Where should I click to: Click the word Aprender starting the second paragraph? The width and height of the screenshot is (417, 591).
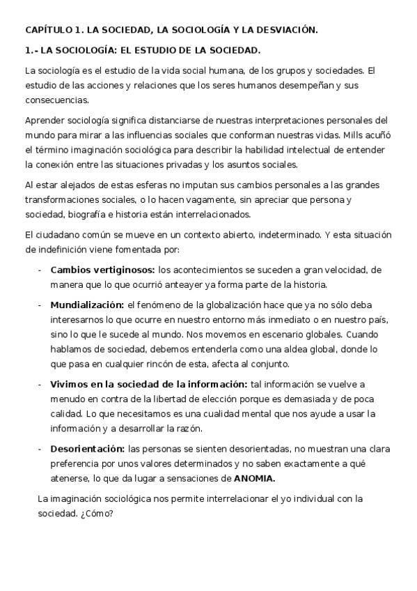pos(45,120)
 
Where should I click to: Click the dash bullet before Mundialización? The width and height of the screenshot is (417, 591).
pos(40,305)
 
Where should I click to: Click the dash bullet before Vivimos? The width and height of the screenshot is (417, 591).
pos(40,385)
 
